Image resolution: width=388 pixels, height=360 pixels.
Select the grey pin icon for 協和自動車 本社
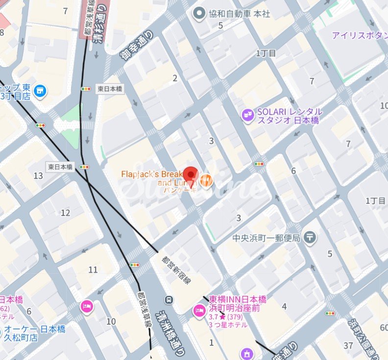(x=198, y=14)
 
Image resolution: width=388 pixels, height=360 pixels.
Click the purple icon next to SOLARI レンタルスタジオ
(x=248, y=115)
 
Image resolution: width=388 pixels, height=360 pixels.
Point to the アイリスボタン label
(x=359, y=35)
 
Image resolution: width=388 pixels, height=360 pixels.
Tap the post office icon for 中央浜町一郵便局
(x=309, y=238)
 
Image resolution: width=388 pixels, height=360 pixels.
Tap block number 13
(x=38, y=176)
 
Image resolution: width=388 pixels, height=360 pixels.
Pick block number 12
(x=65, y=213)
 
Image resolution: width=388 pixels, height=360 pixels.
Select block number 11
(x=93, y=269)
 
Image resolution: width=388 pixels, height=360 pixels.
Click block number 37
(x=348, y=346)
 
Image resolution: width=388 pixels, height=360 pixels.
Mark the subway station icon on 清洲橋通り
(x=169, y=300)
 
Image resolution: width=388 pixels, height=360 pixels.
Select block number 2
(x=175, y=78)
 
